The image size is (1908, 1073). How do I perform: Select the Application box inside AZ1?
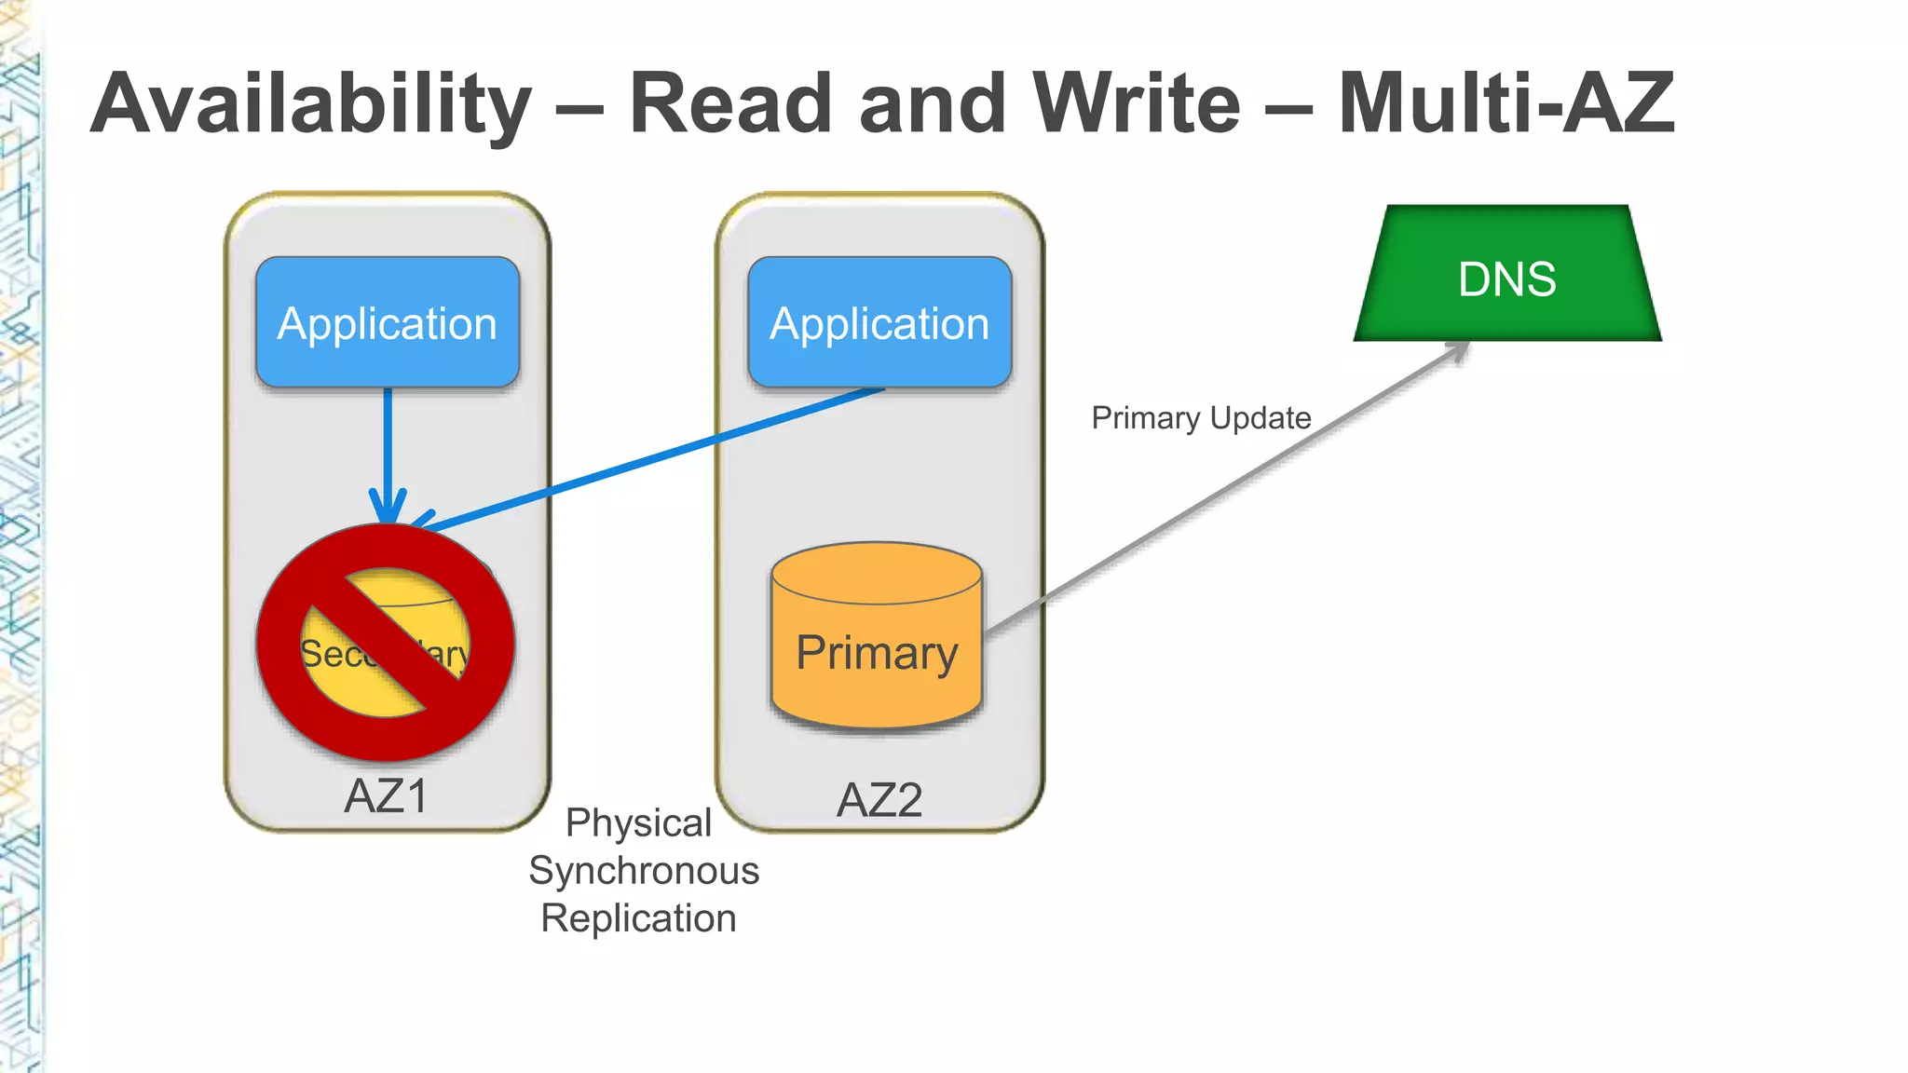(388, 322)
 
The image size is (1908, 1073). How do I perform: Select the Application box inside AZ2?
(879, 322)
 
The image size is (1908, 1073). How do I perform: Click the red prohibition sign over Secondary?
(386, 643)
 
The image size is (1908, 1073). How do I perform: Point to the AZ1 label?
(386, 796)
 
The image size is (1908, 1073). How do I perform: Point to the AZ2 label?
(879, 800)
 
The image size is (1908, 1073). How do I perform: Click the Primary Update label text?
(1201, 418)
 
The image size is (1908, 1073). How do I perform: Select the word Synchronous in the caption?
(644, 871)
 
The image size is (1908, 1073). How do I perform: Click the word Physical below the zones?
(638, 823)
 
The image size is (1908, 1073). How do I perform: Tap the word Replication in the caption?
(638, 918)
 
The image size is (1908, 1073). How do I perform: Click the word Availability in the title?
(311, 104)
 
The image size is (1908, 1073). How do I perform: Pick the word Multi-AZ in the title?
(1506, 104)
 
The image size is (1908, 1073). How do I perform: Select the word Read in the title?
(729, 104)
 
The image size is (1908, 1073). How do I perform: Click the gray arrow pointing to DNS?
(1220, 493)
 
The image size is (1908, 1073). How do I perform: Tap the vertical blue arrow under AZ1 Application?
(388, 447)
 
